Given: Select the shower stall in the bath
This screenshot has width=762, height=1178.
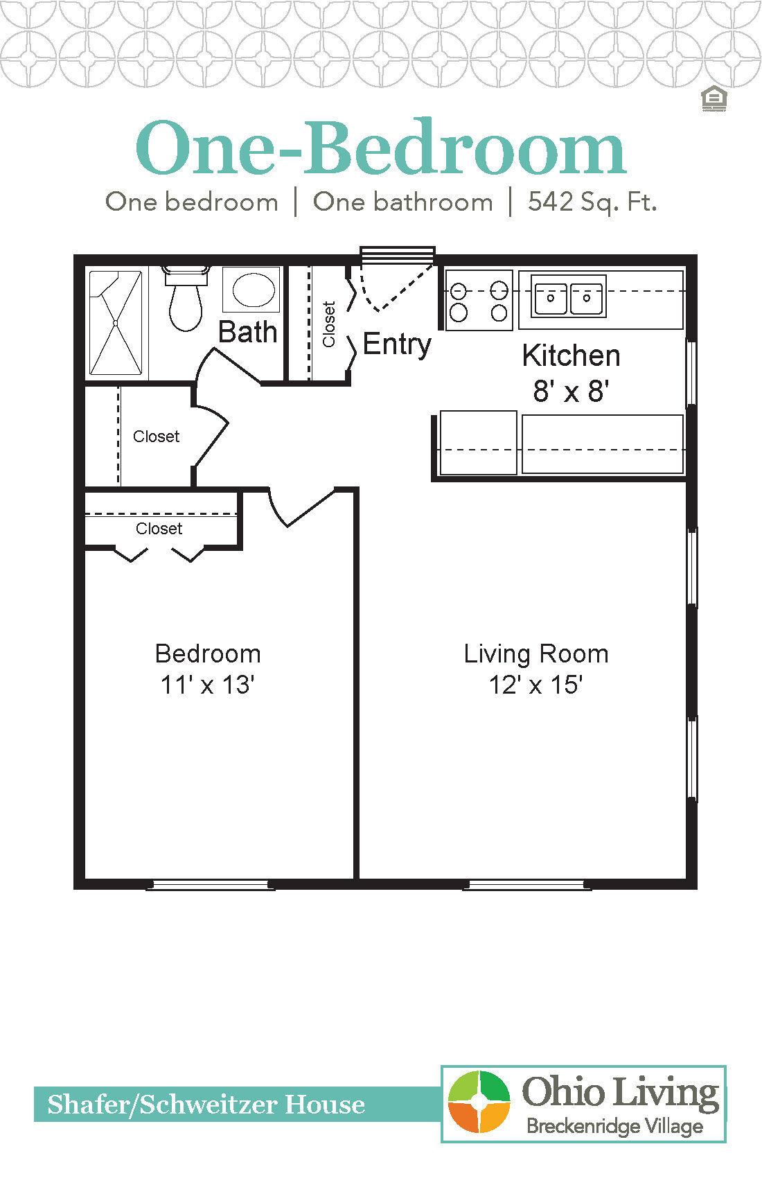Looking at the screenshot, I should click(116, 323).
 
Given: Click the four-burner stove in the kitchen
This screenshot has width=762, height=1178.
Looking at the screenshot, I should click(479, 301).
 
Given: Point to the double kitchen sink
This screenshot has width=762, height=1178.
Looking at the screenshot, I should click(568, 296).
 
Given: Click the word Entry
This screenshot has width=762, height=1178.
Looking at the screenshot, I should click(396, 344).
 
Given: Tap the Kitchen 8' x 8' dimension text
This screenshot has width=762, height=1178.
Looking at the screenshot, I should click(571, 392).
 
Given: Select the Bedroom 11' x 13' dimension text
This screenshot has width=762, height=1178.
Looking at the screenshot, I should click(207, 685).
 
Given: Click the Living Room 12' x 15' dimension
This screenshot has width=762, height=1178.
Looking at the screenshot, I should click(535, 685).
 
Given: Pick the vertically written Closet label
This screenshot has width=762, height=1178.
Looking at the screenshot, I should click(329, 324).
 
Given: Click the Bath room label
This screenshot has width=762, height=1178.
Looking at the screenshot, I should click(247, 332).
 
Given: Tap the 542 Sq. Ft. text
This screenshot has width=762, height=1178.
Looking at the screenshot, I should click(592, 202).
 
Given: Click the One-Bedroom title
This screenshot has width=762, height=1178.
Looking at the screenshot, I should click(380, 149).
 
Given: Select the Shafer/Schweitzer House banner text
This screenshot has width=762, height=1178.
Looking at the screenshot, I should click(206, 1105).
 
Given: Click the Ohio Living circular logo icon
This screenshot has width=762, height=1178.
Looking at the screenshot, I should click(479, 1102).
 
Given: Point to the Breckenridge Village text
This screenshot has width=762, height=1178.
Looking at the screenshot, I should click(614, 1126).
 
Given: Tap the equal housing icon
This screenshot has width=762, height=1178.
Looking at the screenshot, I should click(714, 99).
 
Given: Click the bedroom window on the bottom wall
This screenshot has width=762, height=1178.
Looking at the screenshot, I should click(210, 885).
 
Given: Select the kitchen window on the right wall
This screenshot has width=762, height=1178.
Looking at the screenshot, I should click(690, 373).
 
